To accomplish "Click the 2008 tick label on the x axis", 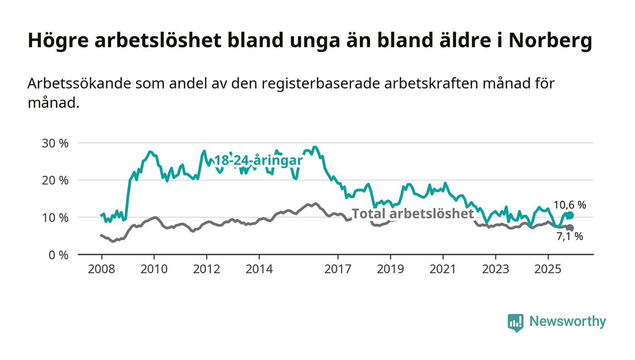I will tap(102, 269).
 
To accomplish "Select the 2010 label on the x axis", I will tap(154, 269).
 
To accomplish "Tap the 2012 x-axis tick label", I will tap(207, 269).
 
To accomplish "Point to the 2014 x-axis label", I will tap(259, 269).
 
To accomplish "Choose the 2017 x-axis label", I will tap(338, 269).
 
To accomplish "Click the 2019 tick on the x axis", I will tap(391, 269).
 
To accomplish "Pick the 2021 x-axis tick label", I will tap(443, 269).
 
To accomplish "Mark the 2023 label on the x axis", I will tap(496, 269).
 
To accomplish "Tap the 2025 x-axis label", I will tap(548, 269).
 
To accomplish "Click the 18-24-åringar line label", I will tap(258, 161).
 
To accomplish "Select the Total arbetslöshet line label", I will tap(413, 214).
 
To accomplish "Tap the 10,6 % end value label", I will tap(570, 205).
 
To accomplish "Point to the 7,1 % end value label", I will tap(570, 236).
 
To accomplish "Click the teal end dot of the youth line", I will tap(570, 215).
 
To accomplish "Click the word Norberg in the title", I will tap(550, 41).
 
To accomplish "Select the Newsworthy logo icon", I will tap(515, 322).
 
